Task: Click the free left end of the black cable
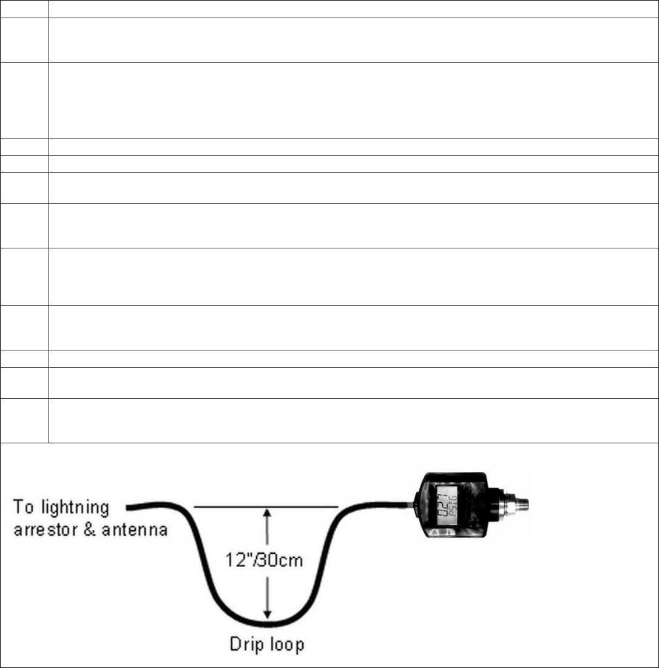(x=127, y=506)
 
